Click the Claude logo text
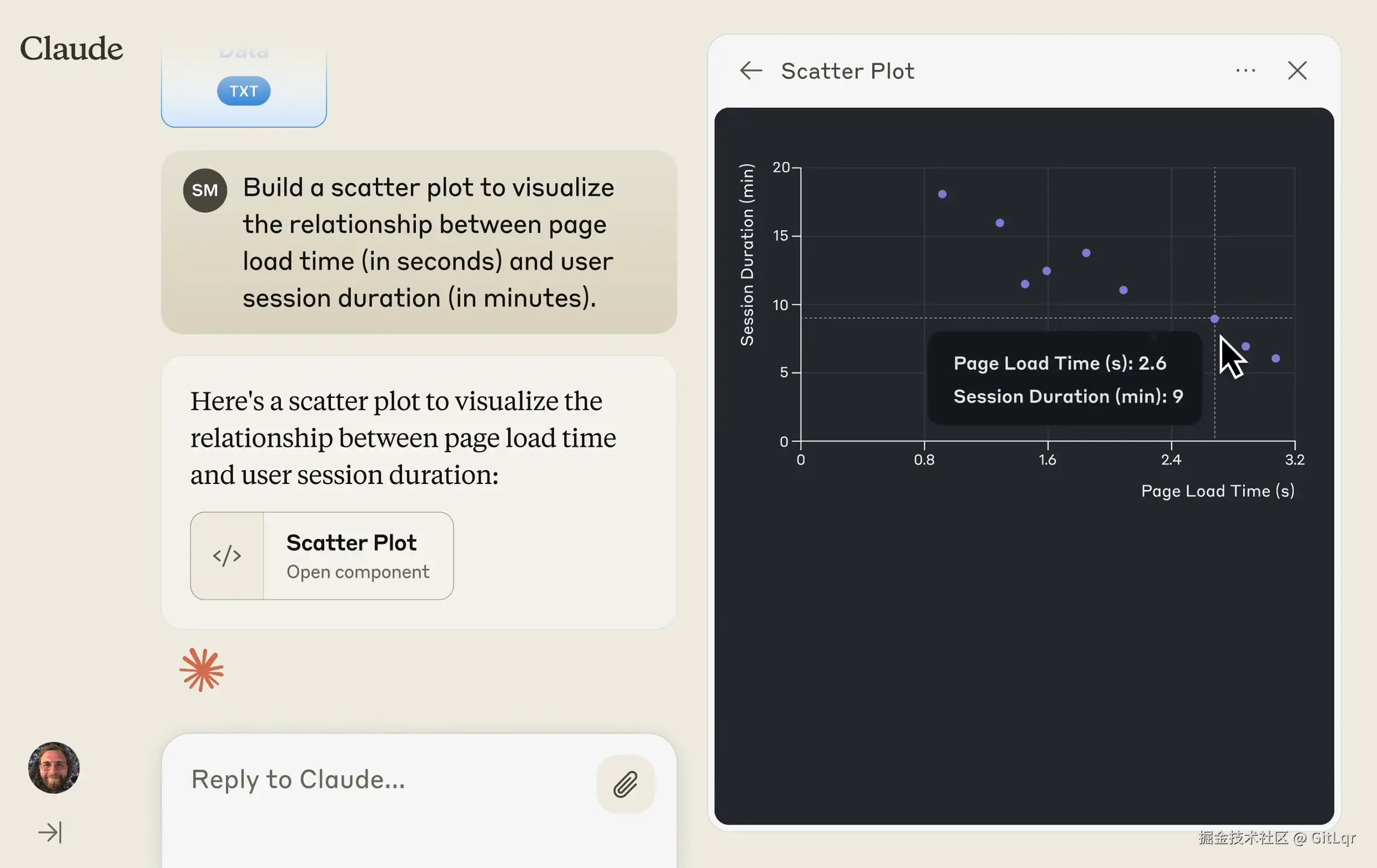pyautogui.click(x=71, y=48)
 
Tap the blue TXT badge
pyautogui.click(x=244, y=91)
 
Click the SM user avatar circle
pyautogui.click(x=205, y=190)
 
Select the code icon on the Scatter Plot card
pyautogui.click(x=227, y=556)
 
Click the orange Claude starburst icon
pyautogui.click(x=201, y=670)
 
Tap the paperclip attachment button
pyautogui.click(x=625, y=784)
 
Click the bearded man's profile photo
pyautogui.click(x=54, y=767)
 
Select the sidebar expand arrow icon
pyautogui.click(x=50, y=832)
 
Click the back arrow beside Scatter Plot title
pyautogui.click(x=751, y=71)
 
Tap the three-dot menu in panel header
pyautogui.click(x=1246, y=71)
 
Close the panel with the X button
pyautogui.click(x=1297, y=71)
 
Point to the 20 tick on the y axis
pyautogui.click(x=781, y=167)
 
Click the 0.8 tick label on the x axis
pyautogui.click(x=924, y=460)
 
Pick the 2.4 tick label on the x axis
pyautogui.click(x=1171, y=460)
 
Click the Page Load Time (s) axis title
pyautogui.click(x=1218, y=491)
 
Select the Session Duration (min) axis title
pyautogui.click(x=748, y=254)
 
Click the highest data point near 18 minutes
pyautogui.click(x=942, y=194)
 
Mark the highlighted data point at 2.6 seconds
pyautogui.click(x=1215, y=319)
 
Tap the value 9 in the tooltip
pyautogui.click(x=1177, y=397)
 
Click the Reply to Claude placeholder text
pyautogui.click(x=298, y=779)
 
